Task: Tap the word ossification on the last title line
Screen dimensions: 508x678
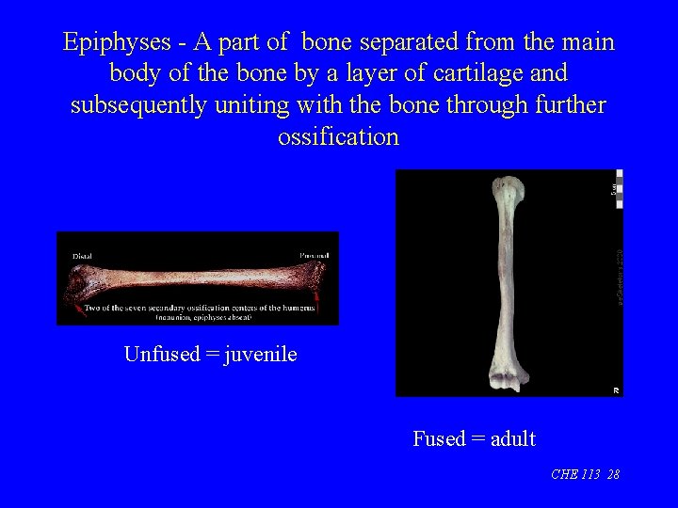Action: coord(338,136)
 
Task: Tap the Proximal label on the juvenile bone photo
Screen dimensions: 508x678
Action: coord(314,256)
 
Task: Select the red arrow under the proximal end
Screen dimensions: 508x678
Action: coord(319,300)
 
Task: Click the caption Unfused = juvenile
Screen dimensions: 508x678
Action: coord(210,354)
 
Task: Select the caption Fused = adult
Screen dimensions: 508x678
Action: coord(474,438)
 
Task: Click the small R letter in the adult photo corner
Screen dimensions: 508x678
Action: coord(617,389)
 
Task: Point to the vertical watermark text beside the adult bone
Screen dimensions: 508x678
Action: coord(618,273)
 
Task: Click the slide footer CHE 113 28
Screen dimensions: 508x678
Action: coord(585,475)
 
